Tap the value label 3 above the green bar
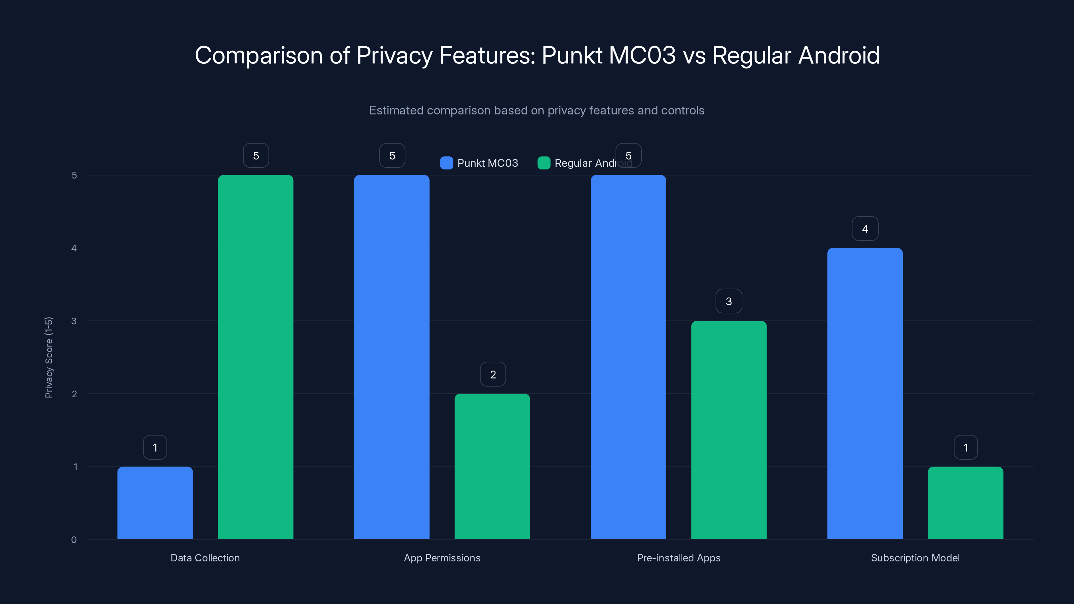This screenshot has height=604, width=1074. [729, 301]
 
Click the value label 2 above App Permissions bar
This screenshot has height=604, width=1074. [493, 374]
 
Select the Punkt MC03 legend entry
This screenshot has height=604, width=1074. [480, 163]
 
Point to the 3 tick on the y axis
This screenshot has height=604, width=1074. [74, 321]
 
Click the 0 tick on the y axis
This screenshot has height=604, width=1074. [74, 540]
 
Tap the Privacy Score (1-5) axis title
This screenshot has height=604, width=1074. [49, 357]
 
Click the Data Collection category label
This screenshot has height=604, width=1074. [205, 558]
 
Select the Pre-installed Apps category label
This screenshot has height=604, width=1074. [678, 558]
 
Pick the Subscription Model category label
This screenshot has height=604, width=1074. [915, 558]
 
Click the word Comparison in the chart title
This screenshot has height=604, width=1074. [258, 55]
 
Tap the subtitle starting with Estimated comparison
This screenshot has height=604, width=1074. [537, 110]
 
